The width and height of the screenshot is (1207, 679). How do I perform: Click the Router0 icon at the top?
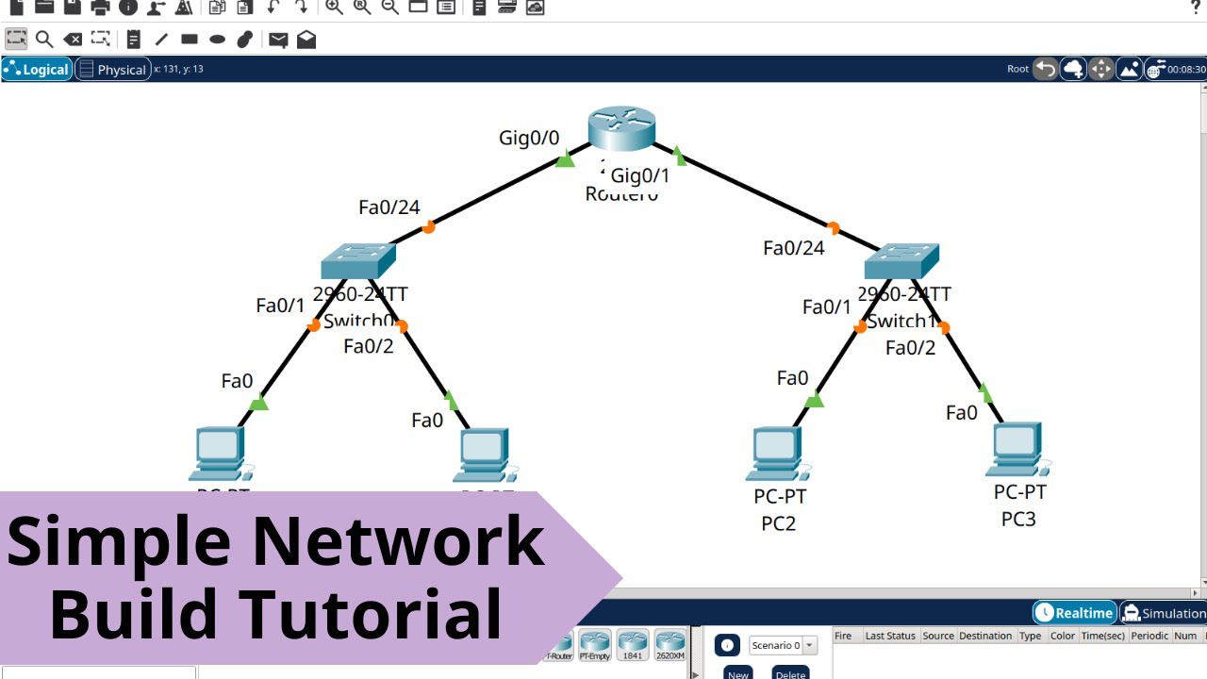[621, 129]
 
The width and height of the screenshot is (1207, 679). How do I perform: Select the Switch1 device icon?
[901, 260]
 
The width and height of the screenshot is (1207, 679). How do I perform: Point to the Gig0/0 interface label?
[529, 139]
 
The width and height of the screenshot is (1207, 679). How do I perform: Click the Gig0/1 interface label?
[640, 175]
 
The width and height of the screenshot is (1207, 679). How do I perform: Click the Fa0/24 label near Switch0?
[389, 207]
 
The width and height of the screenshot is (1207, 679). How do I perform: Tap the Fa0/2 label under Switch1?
[910, 348]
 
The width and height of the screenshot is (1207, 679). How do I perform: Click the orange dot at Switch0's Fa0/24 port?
[428, 226]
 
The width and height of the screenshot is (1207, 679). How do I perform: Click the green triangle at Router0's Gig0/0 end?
[565, 160]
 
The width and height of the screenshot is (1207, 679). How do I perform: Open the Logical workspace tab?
[38, 69]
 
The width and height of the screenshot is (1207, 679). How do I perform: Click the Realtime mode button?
[1075, 613]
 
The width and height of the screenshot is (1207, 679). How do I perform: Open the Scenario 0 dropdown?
[784, 646]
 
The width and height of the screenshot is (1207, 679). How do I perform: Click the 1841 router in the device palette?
[633, 646]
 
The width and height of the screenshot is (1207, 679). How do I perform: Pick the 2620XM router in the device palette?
[670, 646]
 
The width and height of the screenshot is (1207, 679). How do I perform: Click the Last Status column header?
[890, 636]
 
